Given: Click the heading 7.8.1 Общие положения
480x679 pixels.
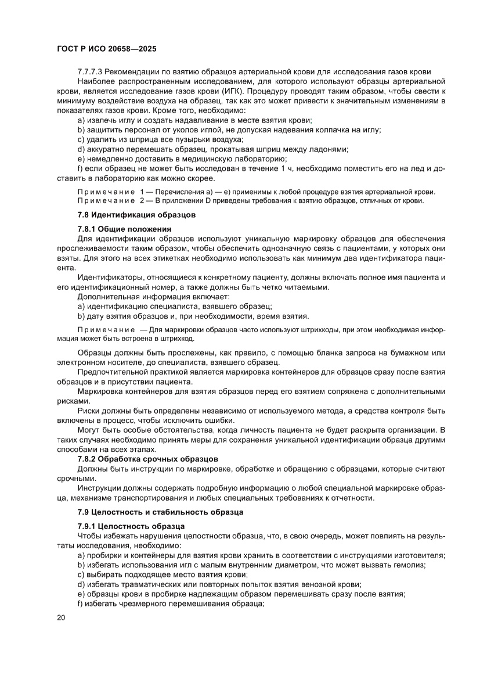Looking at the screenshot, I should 124,229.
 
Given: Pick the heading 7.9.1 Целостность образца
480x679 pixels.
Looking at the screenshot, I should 131,526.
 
